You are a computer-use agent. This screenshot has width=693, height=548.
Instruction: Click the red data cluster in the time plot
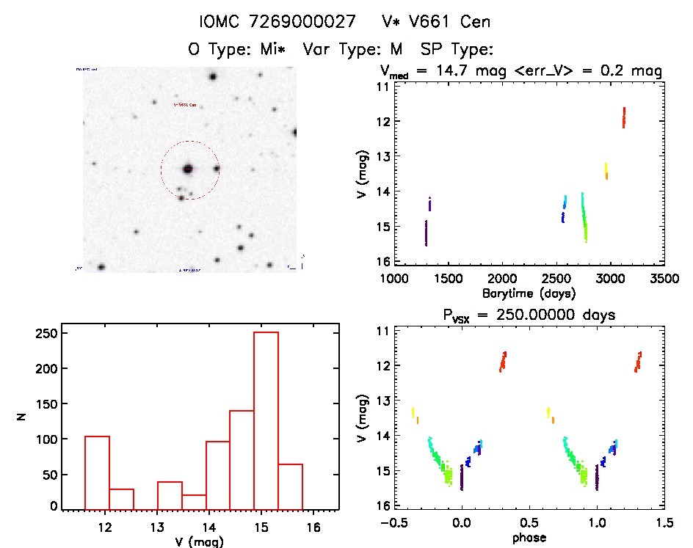623,117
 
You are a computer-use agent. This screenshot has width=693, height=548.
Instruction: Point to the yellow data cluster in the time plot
606,171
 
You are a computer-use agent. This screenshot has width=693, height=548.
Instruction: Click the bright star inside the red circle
188,169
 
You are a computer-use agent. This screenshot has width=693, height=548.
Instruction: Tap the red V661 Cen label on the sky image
184,105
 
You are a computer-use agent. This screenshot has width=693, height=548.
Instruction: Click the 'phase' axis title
529,538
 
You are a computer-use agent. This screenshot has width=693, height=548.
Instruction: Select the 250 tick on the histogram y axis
48,333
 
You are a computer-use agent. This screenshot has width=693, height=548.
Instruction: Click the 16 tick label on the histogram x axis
313,525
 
